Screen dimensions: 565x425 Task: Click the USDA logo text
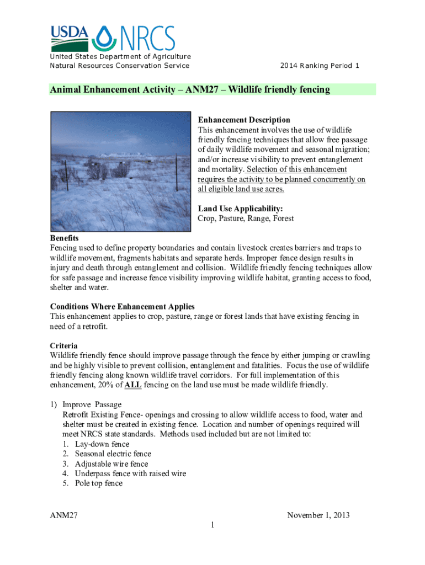70,33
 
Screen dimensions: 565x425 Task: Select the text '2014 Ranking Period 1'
320,66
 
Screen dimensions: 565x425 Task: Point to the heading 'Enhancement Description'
244,120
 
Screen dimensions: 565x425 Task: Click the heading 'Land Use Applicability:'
240,209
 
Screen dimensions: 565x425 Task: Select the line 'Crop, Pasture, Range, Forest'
246,218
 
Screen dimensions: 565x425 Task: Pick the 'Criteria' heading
63,346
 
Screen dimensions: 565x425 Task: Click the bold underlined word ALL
133,385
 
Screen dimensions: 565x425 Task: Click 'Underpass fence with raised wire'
130,473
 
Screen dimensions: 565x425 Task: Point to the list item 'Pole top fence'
99,483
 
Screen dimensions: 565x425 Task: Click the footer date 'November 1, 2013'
318,515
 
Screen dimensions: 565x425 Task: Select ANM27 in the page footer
63,515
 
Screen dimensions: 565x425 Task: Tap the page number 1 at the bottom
212,525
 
